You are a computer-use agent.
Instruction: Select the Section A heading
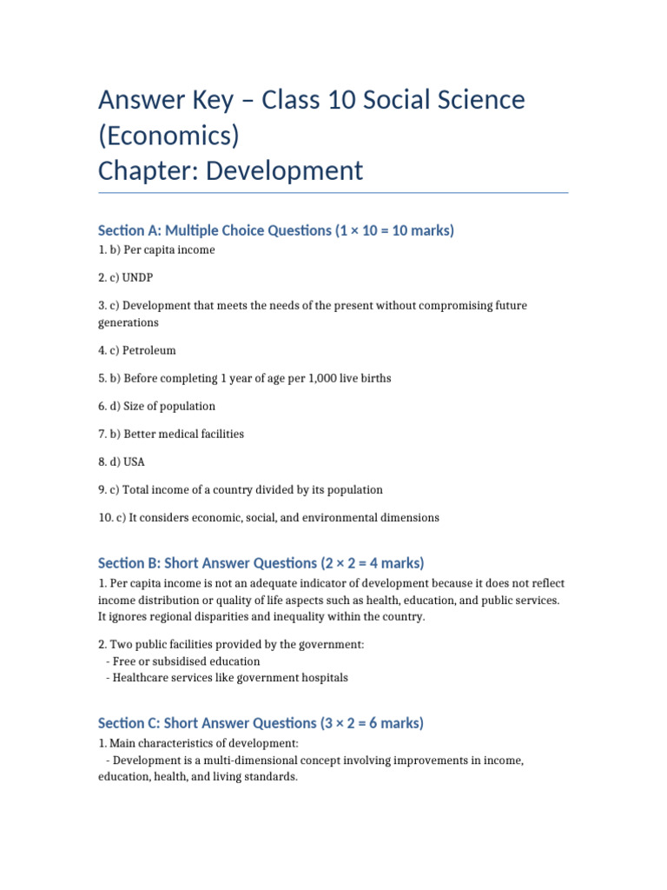click(x=276, y=230)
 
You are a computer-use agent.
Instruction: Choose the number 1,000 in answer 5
click(x=295, y=378)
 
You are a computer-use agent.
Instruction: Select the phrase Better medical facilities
click(x=183, y=434)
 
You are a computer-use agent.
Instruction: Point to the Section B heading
click(x=261, y=563)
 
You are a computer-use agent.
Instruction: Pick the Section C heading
click(x=261, y=723)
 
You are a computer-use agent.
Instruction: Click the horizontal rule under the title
click(x=333, y=193)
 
